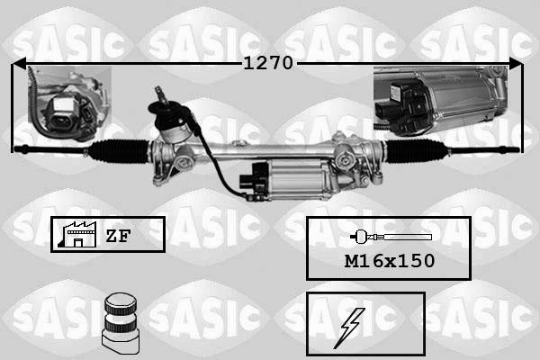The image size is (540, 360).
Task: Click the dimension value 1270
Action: pyautogui.click(x=268, y=63)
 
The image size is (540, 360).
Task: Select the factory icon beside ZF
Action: pyautogui.click(x=76, y=235)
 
